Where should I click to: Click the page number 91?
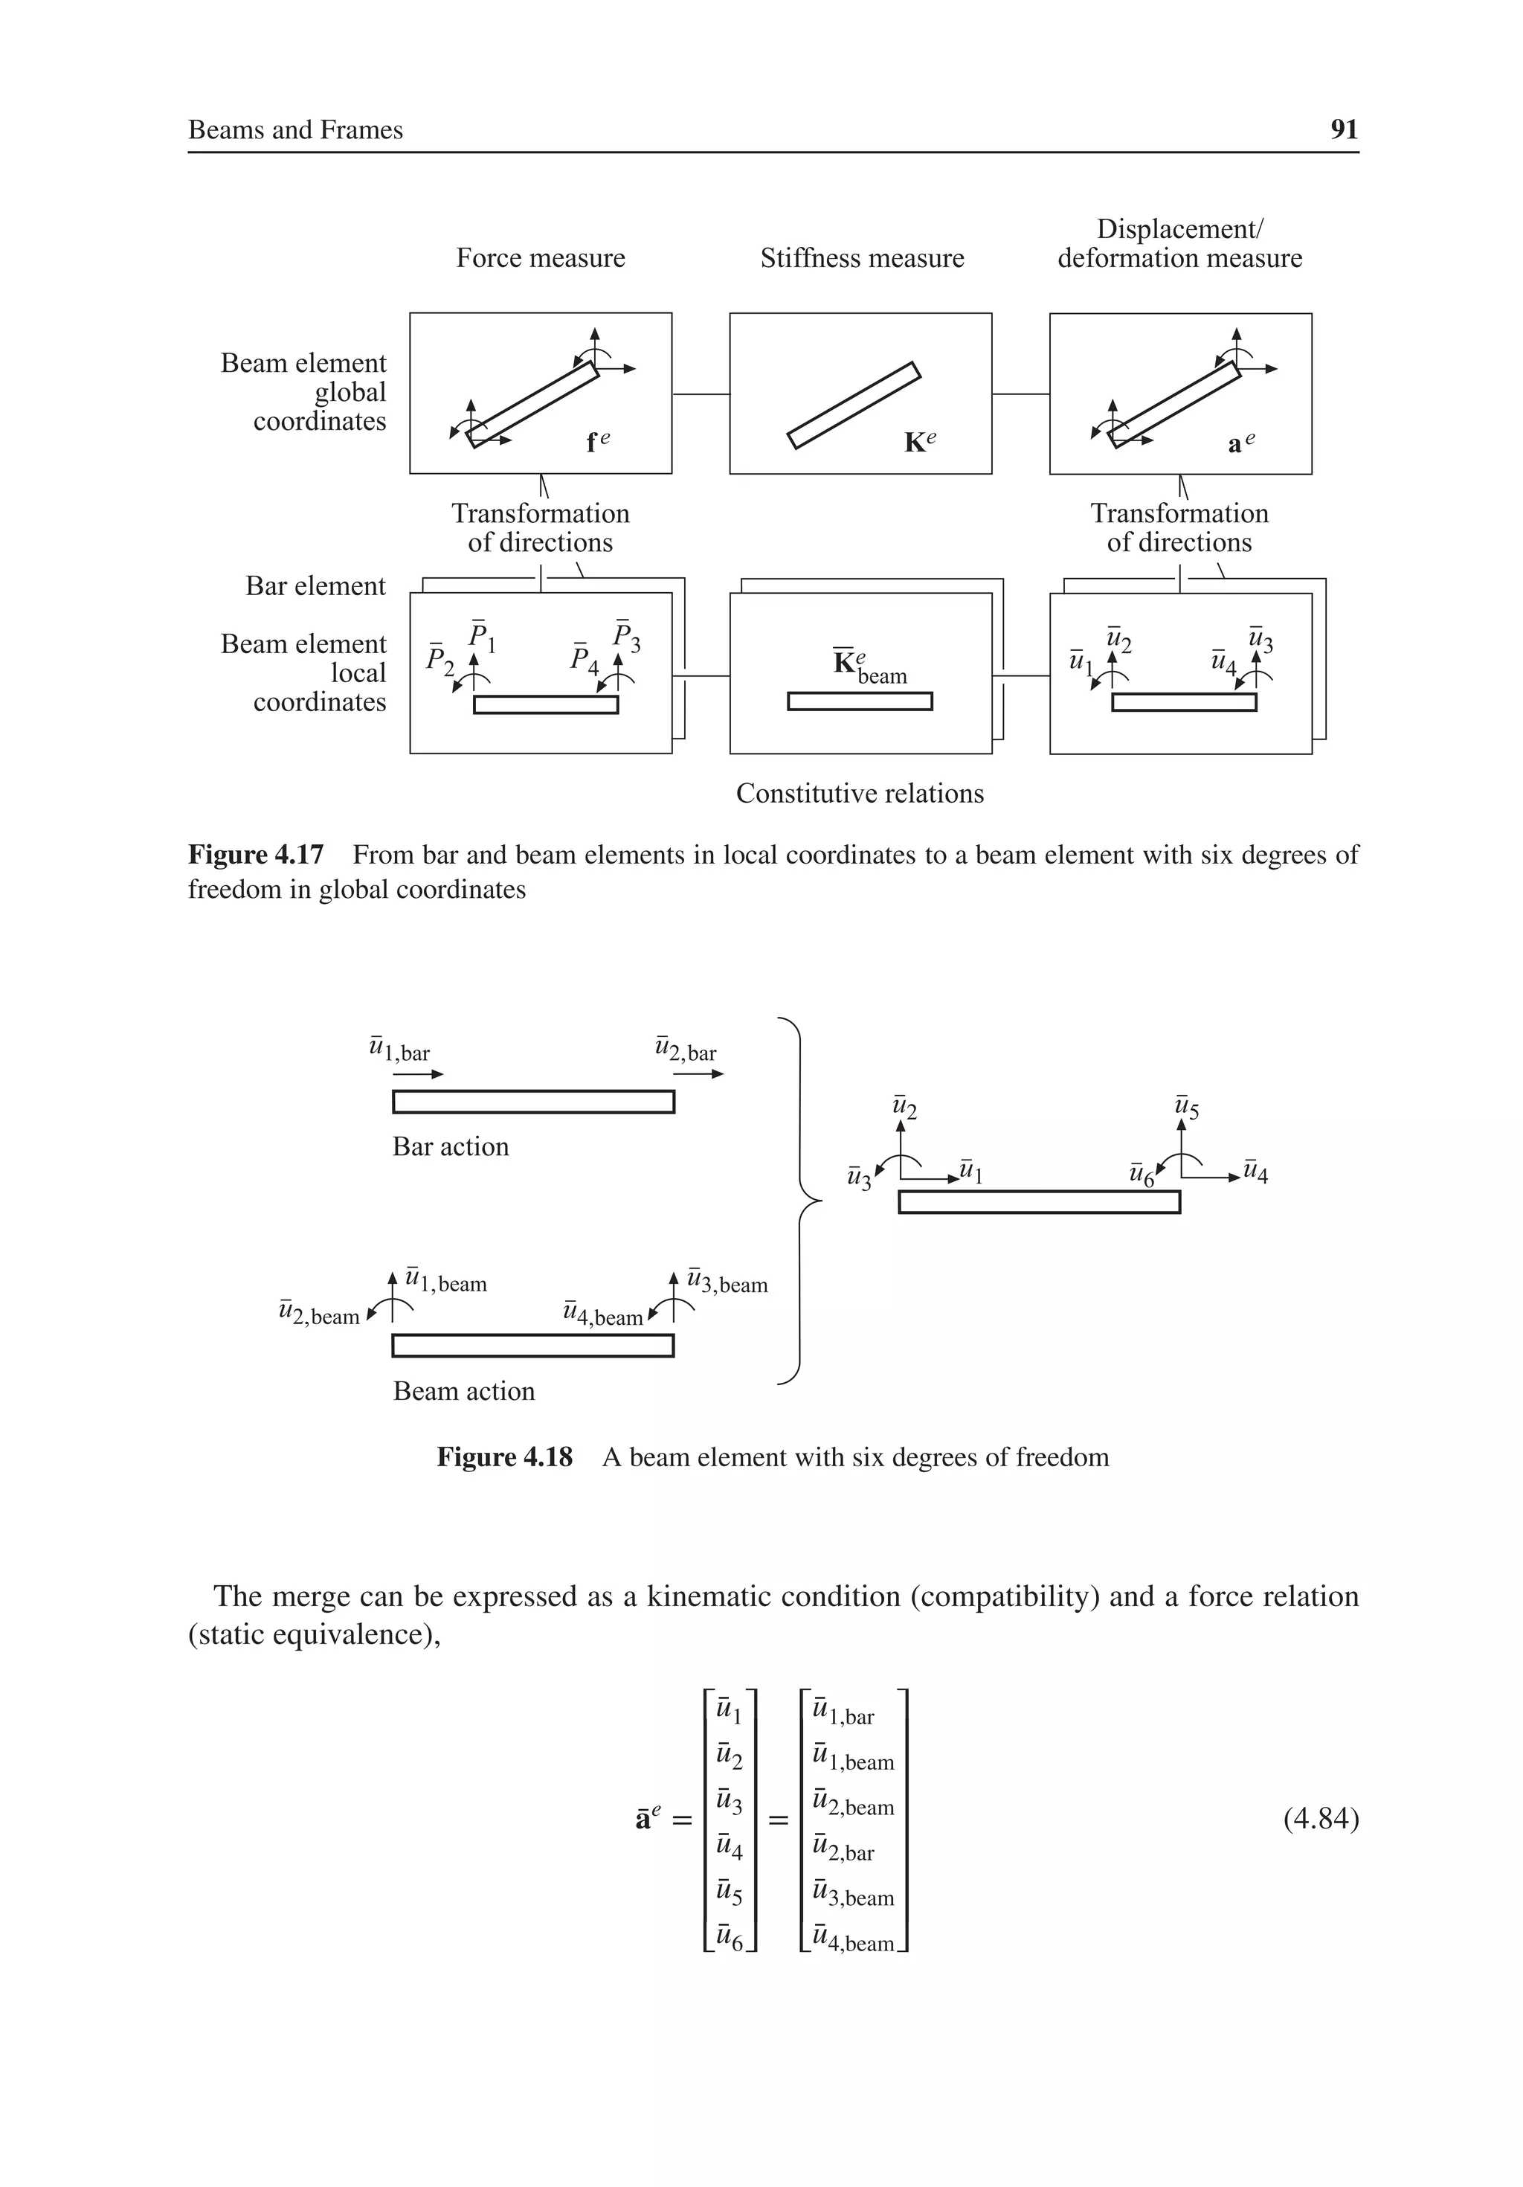(x=1343, y=129)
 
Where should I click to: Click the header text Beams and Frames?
(x=295, y=129)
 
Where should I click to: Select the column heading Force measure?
(x=540, y=258)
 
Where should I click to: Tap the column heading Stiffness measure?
(x=861, y=258)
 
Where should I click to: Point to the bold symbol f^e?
(x=597, y=442)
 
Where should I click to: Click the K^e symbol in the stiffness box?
(x=919, y=442)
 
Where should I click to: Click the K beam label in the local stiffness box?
(x=869, y=667)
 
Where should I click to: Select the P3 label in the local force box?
(x=625, y=636)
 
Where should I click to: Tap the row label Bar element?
(x=315, y=586)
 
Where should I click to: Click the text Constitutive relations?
(x=859, y=794)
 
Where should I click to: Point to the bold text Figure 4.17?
(x=255, y=855)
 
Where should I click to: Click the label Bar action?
(x=451, y=1146)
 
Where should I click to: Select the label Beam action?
(x=464, y=1391)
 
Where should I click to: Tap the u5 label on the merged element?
(x=1186, y=1108)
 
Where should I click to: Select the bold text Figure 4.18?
(x=505, y=1457)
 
